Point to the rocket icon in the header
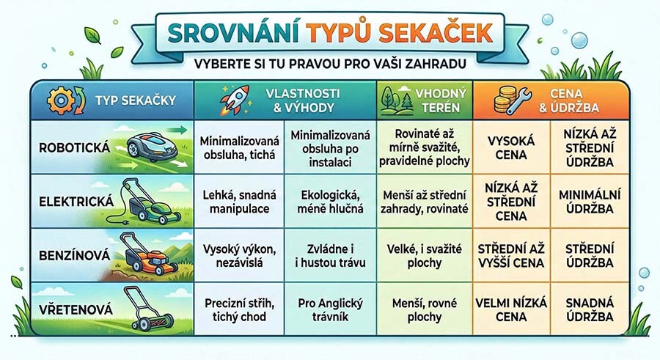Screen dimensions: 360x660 coord(233,100)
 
